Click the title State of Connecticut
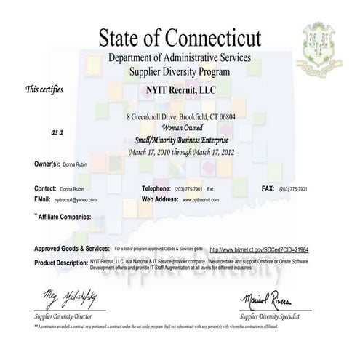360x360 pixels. [180, 34]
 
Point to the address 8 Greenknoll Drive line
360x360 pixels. [181, 117]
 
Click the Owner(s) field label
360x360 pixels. [50, 165]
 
